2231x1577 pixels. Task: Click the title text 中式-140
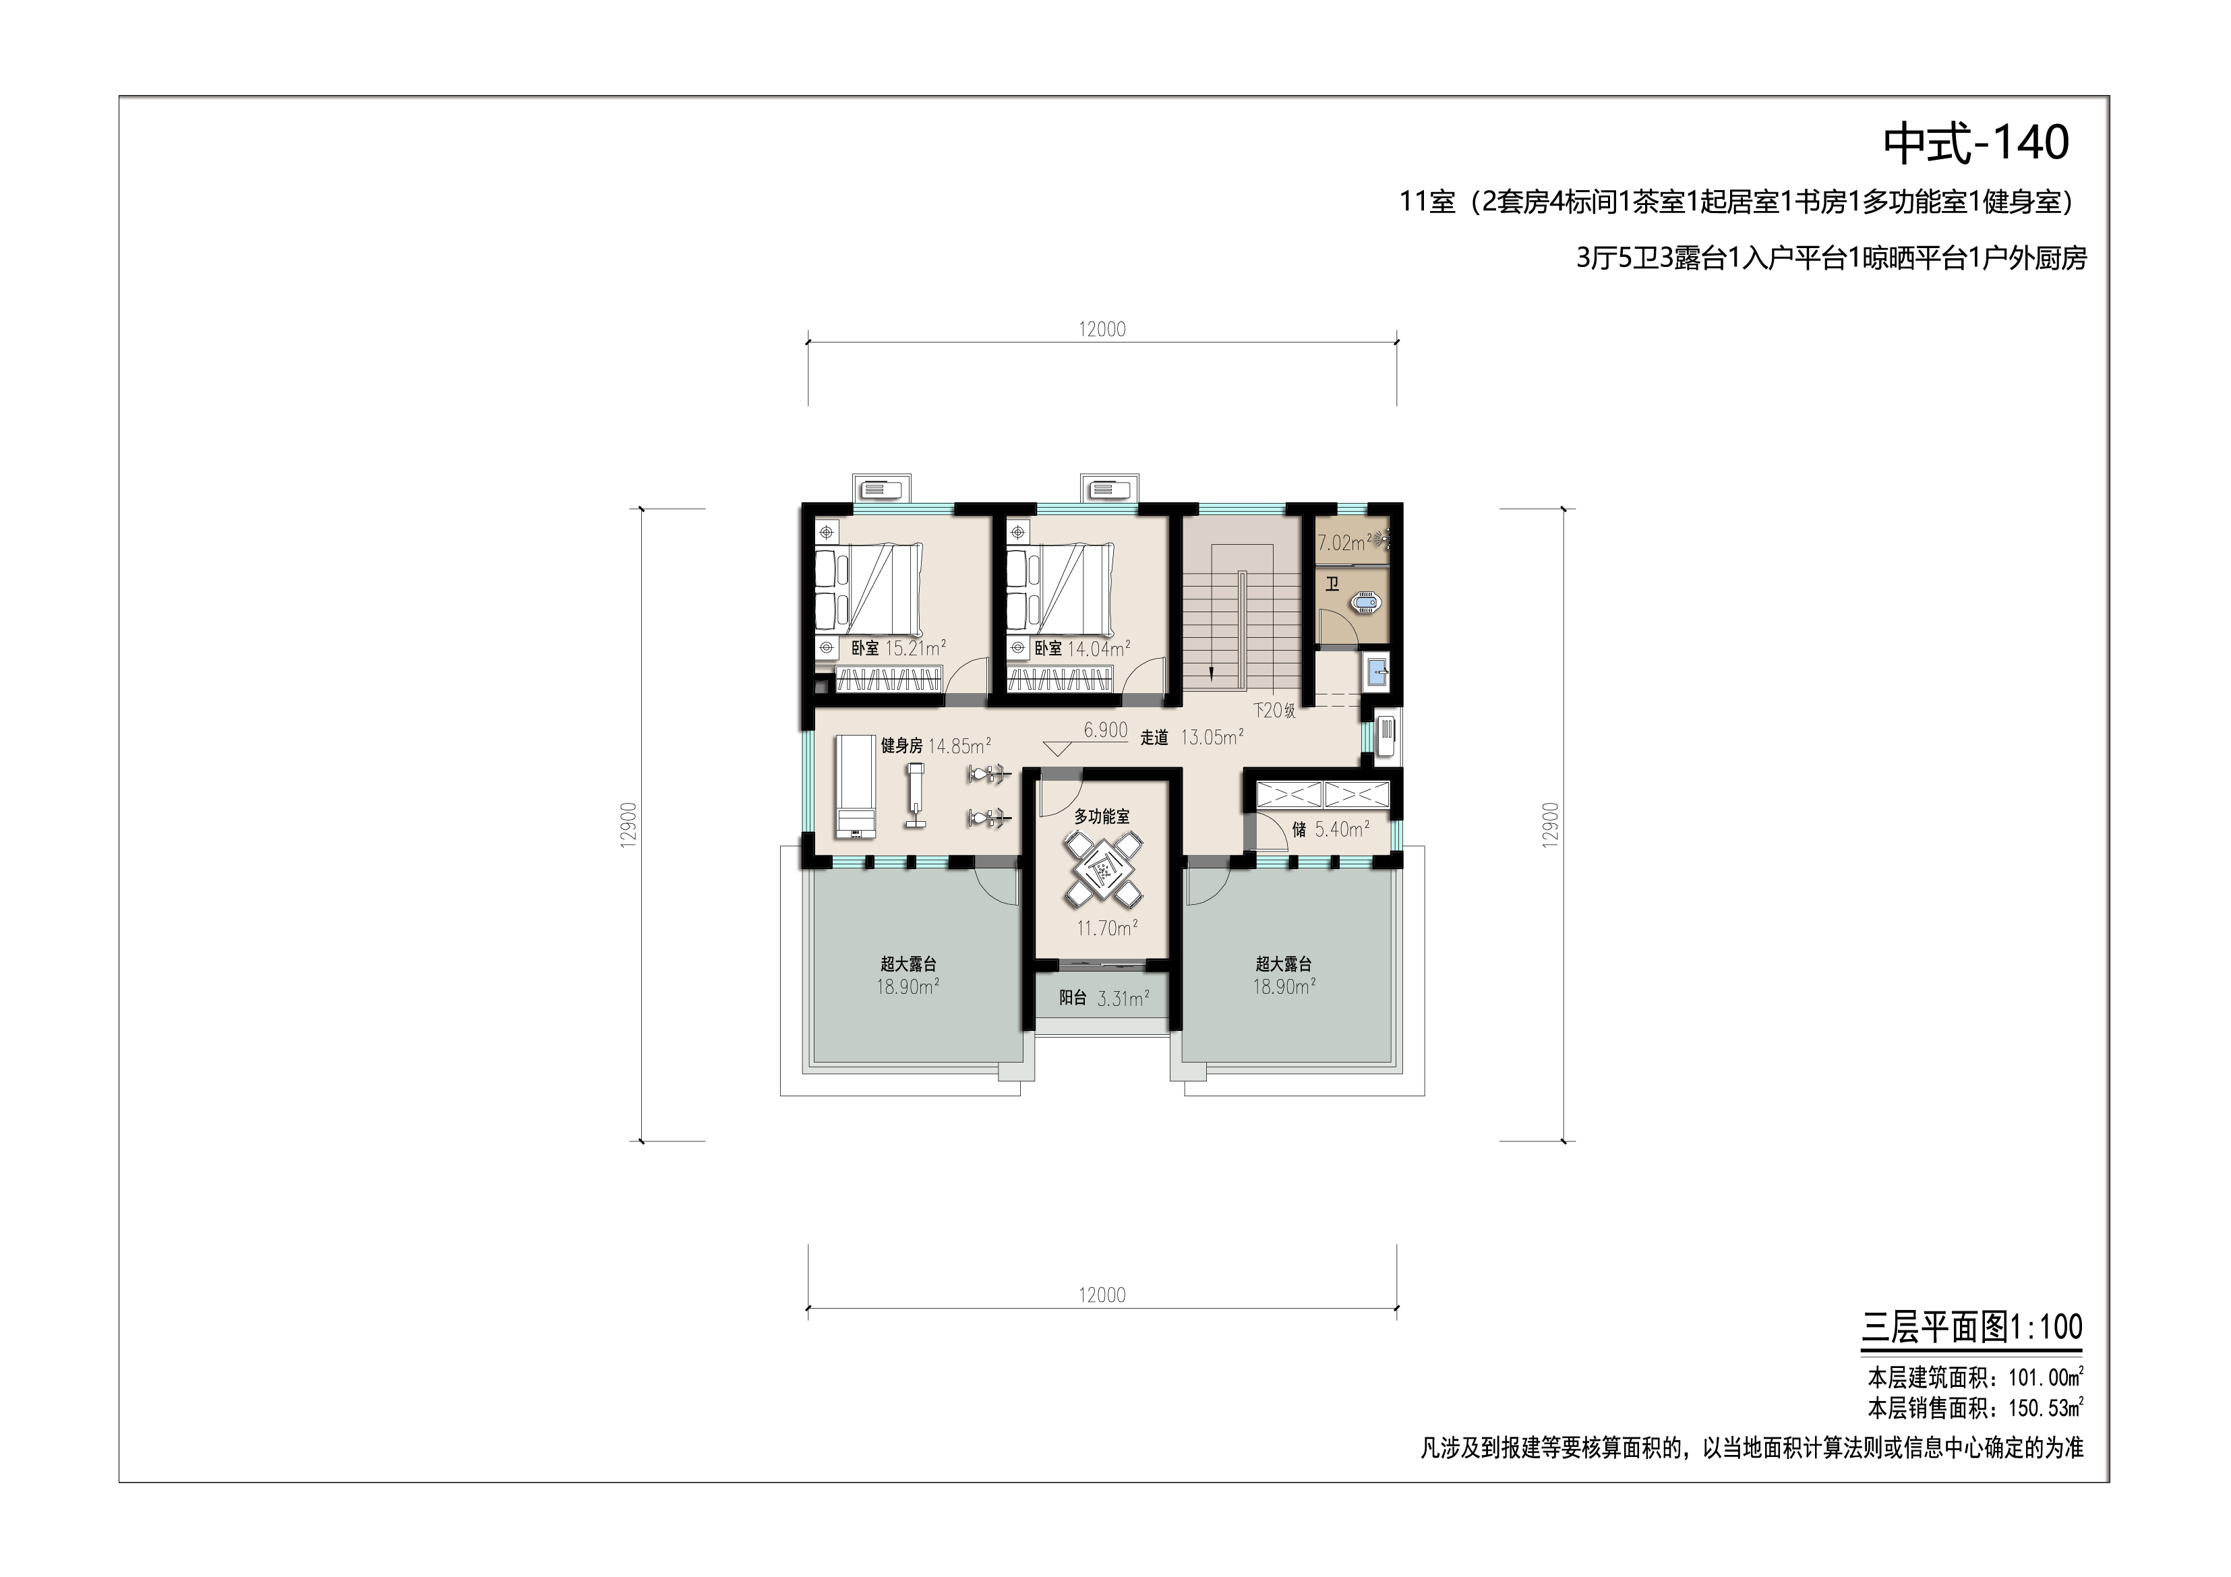point(1976,144)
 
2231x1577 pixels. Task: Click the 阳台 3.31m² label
point(1104,998)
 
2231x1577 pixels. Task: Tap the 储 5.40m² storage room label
point(1330,829)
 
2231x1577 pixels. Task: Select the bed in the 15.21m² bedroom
point(868,589)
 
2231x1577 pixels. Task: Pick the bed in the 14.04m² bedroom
point(1059,589)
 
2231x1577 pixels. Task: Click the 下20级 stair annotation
point(1274,710)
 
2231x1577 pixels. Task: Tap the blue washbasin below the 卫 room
point(1377,670)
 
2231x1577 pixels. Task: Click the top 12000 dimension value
point(1102,330)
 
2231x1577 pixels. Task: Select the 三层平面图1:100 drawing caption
point(1971,1328)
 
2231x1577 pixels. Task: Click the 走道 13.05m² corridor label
point(1191,738)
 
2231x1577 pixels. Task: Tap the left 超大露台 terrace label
point(909,964)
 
